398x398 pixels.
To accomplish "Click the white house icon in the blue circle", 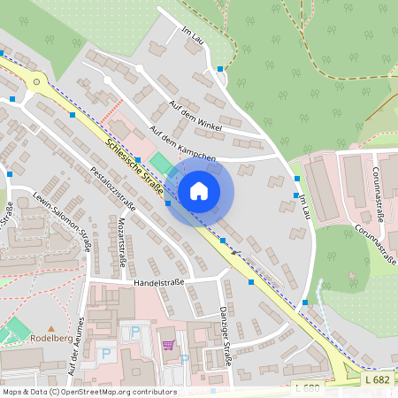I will pyautogui.click(x=199, y=191).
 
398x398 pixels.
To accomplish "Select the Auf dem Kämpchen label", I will pyautogui.click(x=182, y=144).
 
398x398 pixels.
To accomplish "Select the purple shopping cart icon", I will pyautogui.click(x=168, y=344).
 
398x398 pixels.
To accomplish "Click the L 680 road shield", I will pyautogui.click(x=305, y=387).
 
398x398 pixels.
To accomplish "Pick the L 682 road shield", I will pyautogui.click(x=375, y=379).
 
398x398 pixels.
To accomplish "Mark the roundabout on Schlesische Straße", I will pyautogui.click(x=36, y=81).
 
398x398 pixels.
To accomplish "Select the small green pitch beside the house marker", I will pyautogui.click(x=161, y=164).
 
